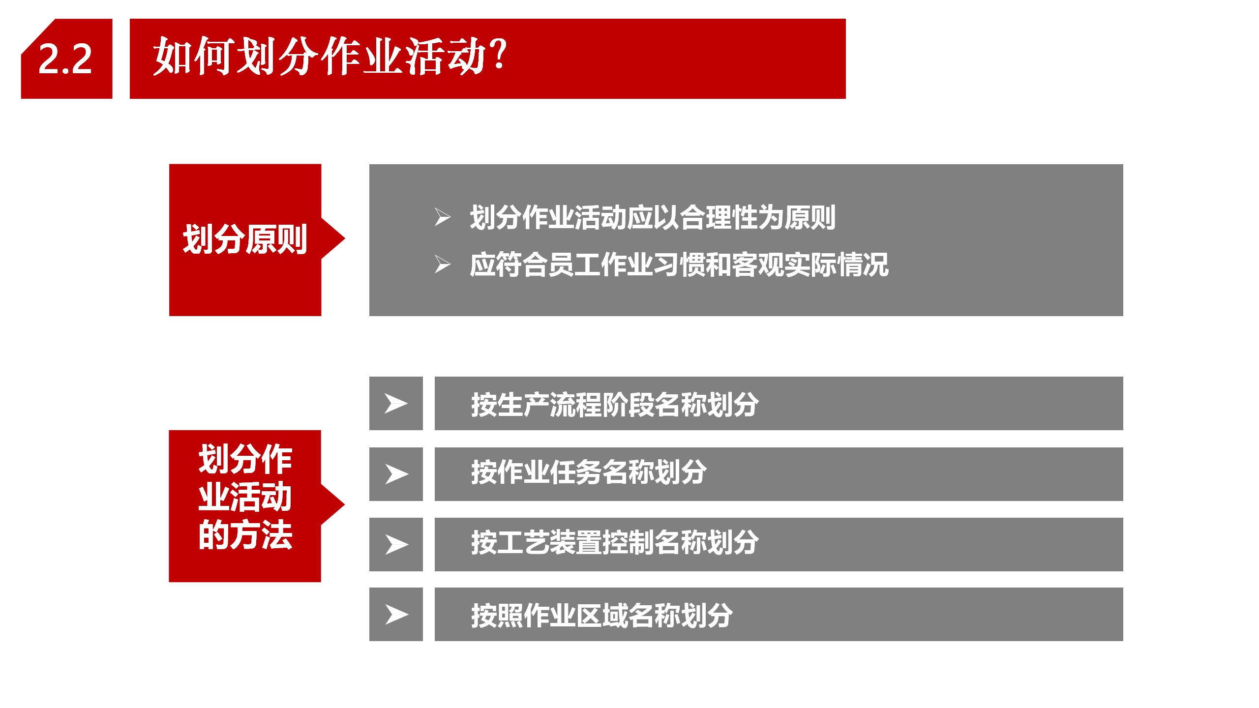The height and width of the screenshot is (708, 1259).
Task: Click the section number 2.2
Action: [x=65, y=59]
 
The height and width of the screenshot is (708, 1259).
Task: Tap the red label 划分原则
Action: [x=245, y=239]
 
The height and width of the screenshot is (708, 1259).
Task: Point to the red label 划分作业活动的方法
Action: [x=245, y=497]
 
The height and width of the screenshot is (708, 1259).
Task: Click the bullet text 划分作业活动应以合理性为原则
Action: [x=653, y=217]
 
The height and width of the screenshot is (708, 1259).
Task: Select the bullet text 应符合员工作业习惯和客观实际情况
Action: [x=679, y=265]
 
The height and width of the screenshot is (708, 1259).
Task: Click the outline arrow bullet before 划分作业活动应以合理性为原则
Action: [x=443, y=217]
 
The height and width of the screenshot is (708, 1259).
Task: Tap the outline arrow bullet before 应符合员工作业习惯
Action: [x=443, y=265]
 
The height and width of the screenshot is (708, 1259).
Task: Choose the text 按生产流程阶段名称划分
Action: [x=615, y=405]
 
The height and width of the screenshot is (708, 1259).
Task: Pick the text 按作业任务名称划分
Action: [x=589, y=472]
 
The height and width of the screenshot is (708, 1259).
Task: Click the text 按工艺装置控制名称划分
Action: [x=615, y=542]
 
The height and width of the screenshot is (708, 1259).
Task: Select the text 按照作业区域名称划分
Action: [x=602, y=615]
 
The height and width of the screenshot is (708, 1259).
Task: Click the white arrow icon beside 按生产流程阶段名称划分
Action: [x=396, y=404]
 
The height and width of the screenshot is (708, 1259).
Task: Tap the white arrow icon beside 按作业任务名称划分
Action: [x=396, y=474]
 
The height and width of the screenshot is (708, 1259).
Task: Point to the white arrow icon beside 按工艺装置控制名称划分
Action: [x=396, y=545]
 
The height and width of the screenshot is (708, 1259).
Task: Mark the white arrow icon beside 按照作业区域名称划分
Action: [x=396, y=615]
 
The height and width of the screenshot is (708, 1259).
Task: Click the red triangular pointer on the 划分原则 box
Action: [x=333, y=239]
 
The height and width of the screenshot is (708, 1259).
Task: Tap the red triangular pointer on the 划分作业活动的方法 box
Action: [x=333, y=504]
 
